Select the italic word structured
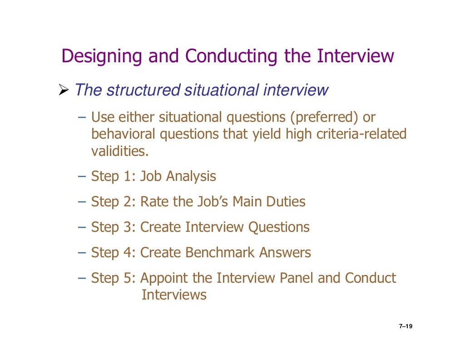tap(143, 90)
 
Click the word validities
tap(120, 151)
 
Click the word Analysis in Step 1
tap(191, 176)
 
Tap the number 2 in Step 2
tap(127, 201)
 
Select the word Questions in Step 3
tap(278, 227)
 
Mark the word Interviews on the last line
tap(174, 295)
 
